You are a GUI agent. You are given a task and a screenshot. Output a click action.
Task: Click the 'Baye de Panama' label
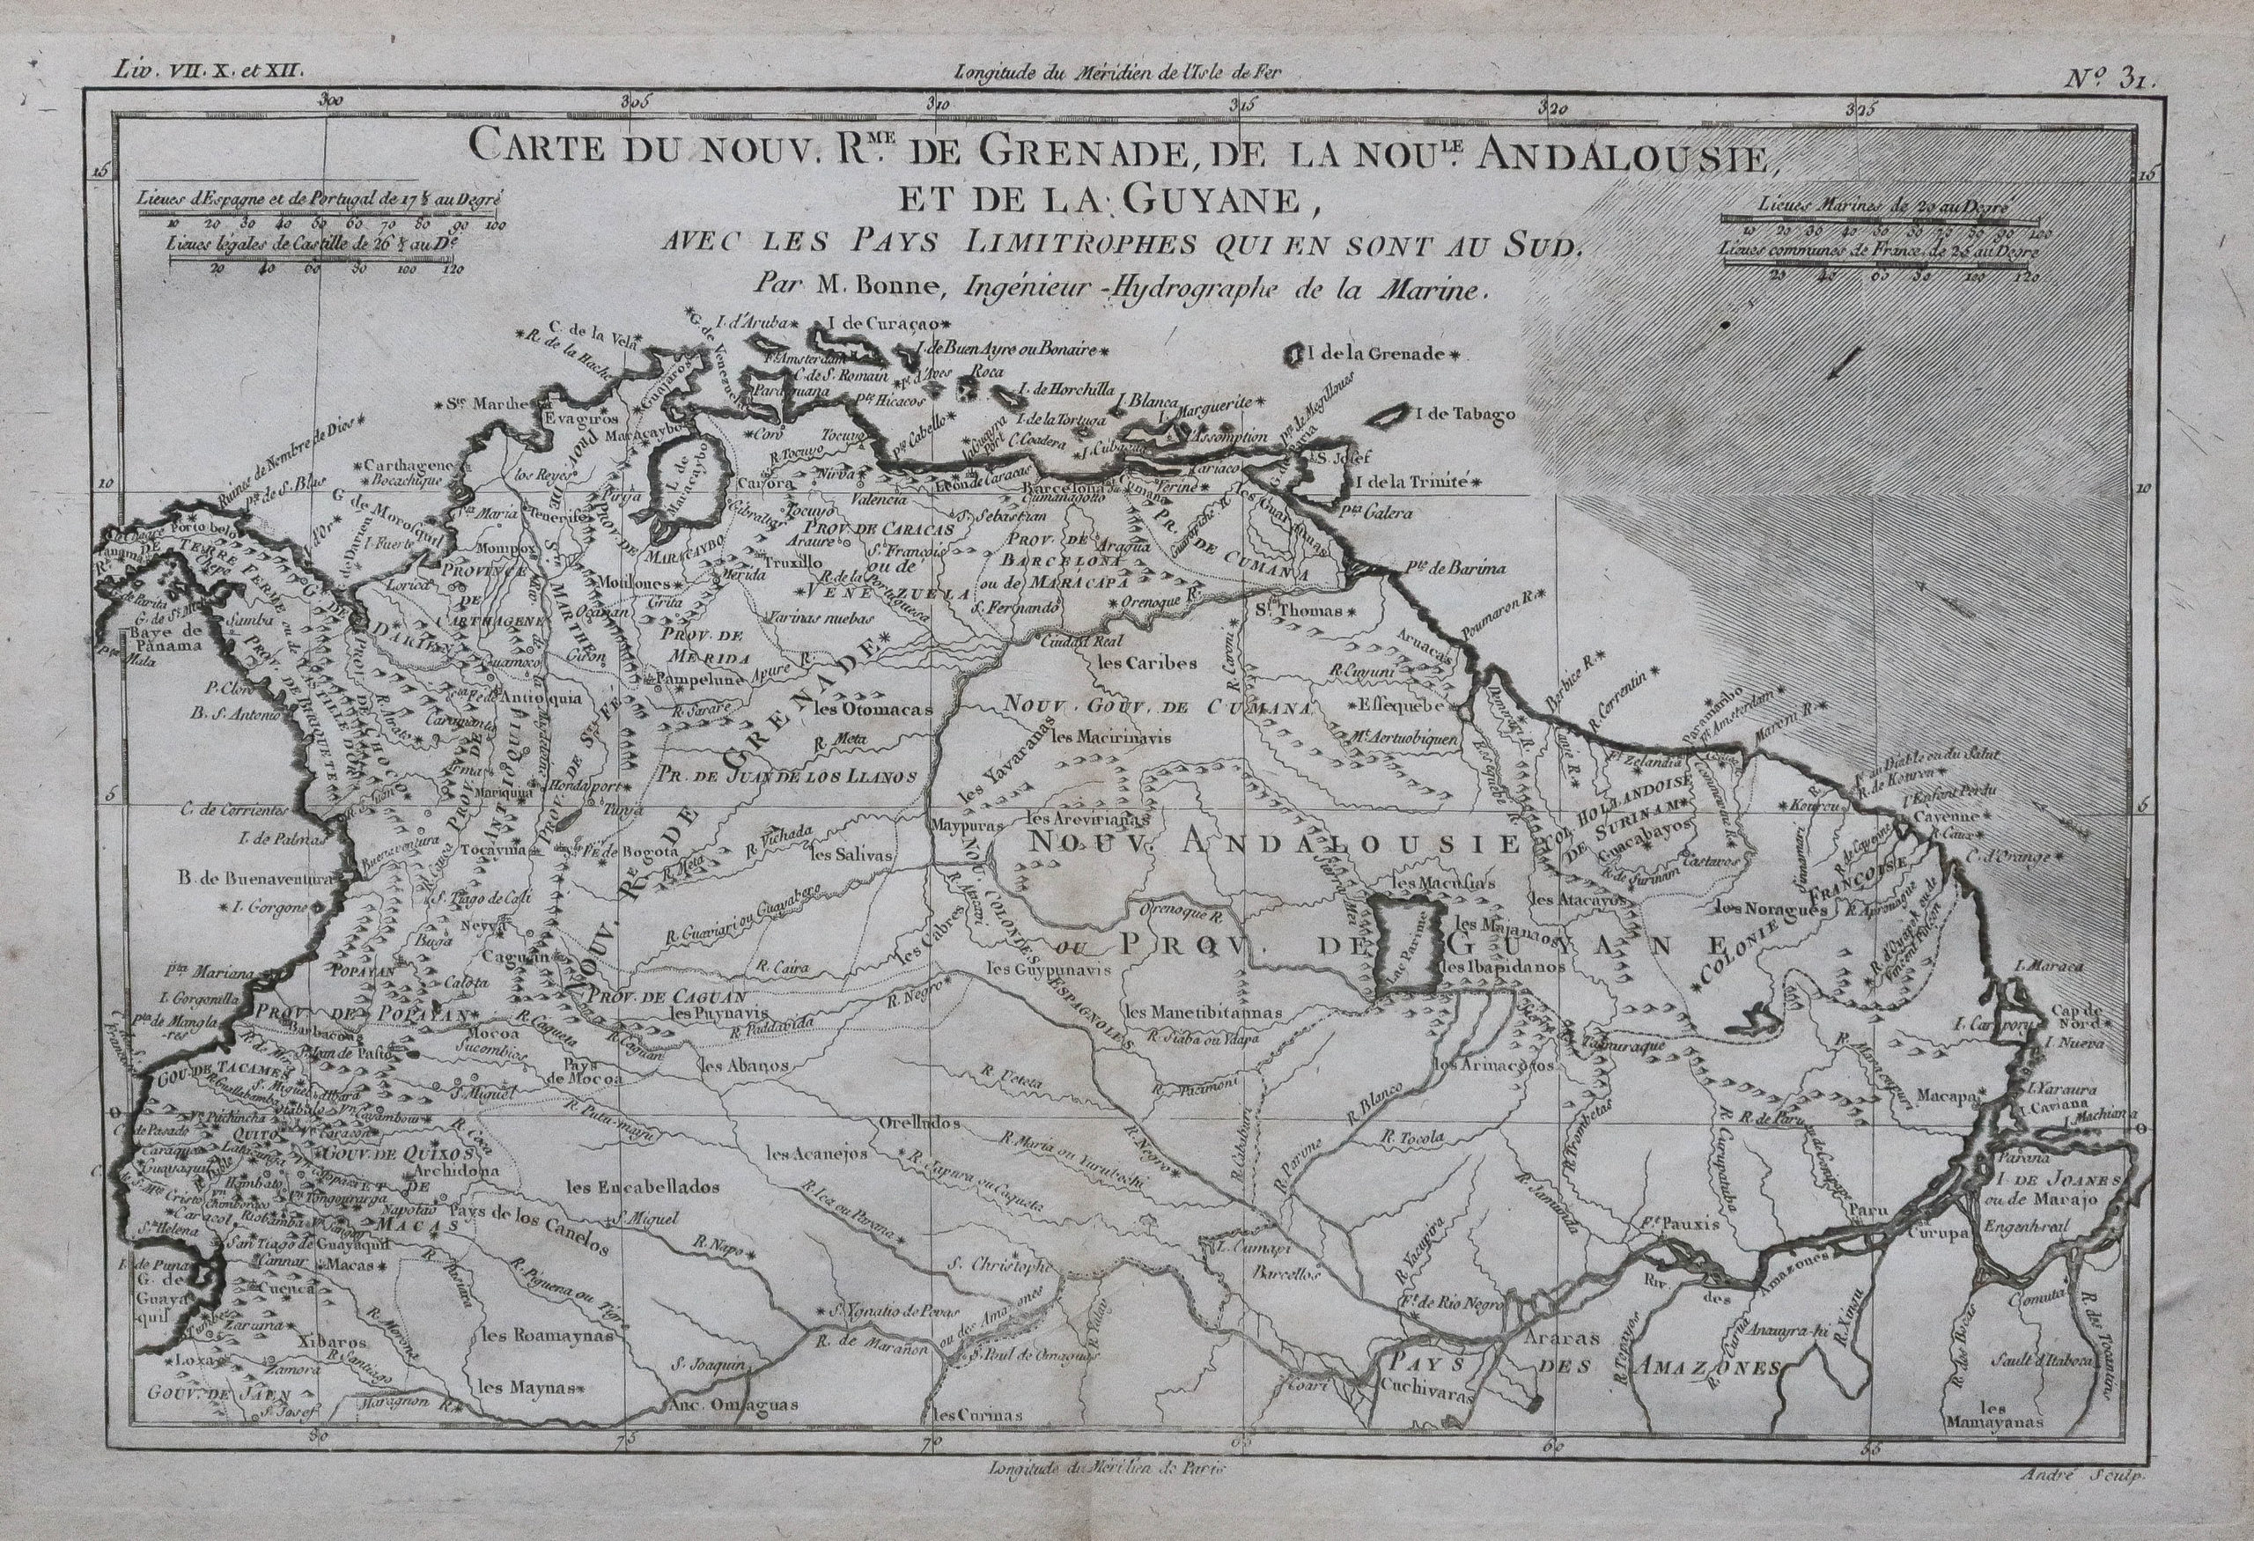165,636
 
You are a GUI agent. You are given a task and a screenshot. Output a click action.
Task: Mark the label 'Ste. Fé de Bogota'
625,852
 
